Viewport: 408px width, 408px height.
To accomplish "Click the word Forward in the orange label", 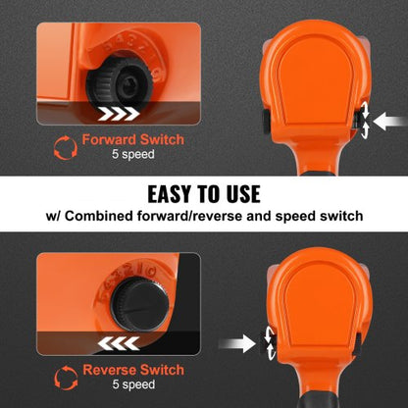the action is click(x=109, y=139).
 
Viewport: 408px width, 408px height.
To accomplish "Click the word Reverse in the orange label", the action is click(x=109, y=370).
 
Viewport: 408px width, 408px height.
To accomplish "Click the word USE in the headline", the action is click(x=242, y=194).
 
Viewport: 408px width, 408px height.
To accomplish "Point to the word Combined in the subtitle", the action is click(x=99, y=217).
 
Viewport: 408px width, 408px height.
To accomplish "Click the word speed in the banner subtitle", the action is click(x=295, y=217).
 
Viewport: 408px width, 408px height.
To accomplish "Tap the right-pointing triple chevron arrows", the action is click(x=119, y=114).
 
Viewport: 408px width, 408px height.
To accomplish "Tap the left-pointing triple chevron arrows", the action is click(x=119, y=343).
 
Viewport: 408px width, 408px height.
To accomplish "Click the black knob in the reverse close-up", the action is click(x=139, y=306).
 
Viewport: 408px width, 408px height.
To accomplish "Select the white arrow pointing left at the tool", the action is click(x=390, y=122).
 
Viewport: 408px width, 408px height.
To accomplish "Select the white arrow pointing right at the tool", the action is click(x=237, y=344).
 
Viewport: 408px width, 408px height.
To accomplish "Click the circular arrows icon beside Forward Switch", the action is click(x=66, y=148).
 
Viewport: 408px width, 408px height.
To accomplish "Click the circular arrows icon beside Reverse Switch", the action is click(x=66, y=378).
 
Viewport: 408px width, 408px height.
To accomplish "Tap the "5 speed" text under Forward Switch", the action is click(x=133, y=154).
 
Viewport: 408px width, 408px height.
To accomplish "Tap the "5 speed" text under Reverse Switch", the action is click(x=133, y=384).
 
